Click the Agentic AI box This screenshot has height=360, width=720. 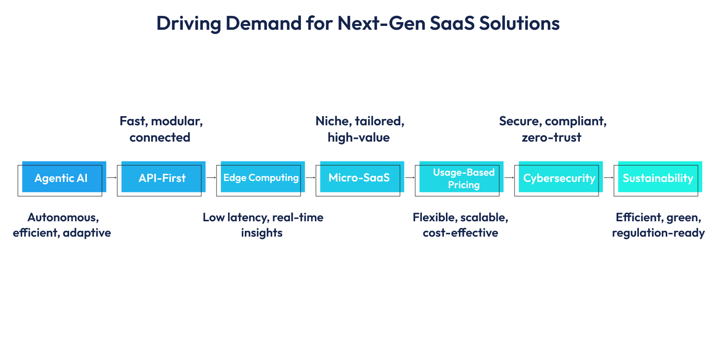(x=61, y=179)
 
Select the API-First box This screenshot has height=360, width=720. (x=162, y=179)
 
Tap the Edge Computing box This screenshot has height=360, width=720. (x=261, y=178)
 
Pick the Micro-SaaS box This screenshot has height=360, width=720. (x=359, y=178)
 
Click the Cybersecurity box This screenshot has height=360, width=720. (x=559, y=179)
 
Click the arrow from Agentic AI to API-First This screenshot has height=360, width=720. (x=111, y=178)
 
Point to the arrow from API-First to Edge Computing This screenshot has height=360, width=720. (x=211, y=178)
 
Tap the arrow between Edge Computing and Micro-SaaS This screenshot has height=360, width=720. (x=310, y=178)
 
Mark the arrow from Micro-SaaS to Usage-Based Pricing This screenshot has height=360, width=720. (x=409, y=178)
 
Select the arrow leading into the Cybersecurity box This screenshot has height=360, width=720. (x=509, y=178)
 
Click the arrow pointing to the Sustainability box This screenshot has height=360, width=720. (x=608, y=178)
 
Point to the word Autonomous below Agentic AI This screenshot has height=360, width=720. (x=63, y=217)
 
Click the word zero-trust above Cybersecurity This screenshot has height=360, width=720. (x=552, y=138)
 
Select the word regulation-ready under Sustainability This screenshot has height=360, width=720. (x=658, y=233)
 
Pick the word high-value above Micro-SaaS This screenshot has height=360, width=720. (x=359, y=138)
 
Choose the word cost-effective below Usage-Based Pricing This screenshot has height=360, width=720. (x=460, y=233)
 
